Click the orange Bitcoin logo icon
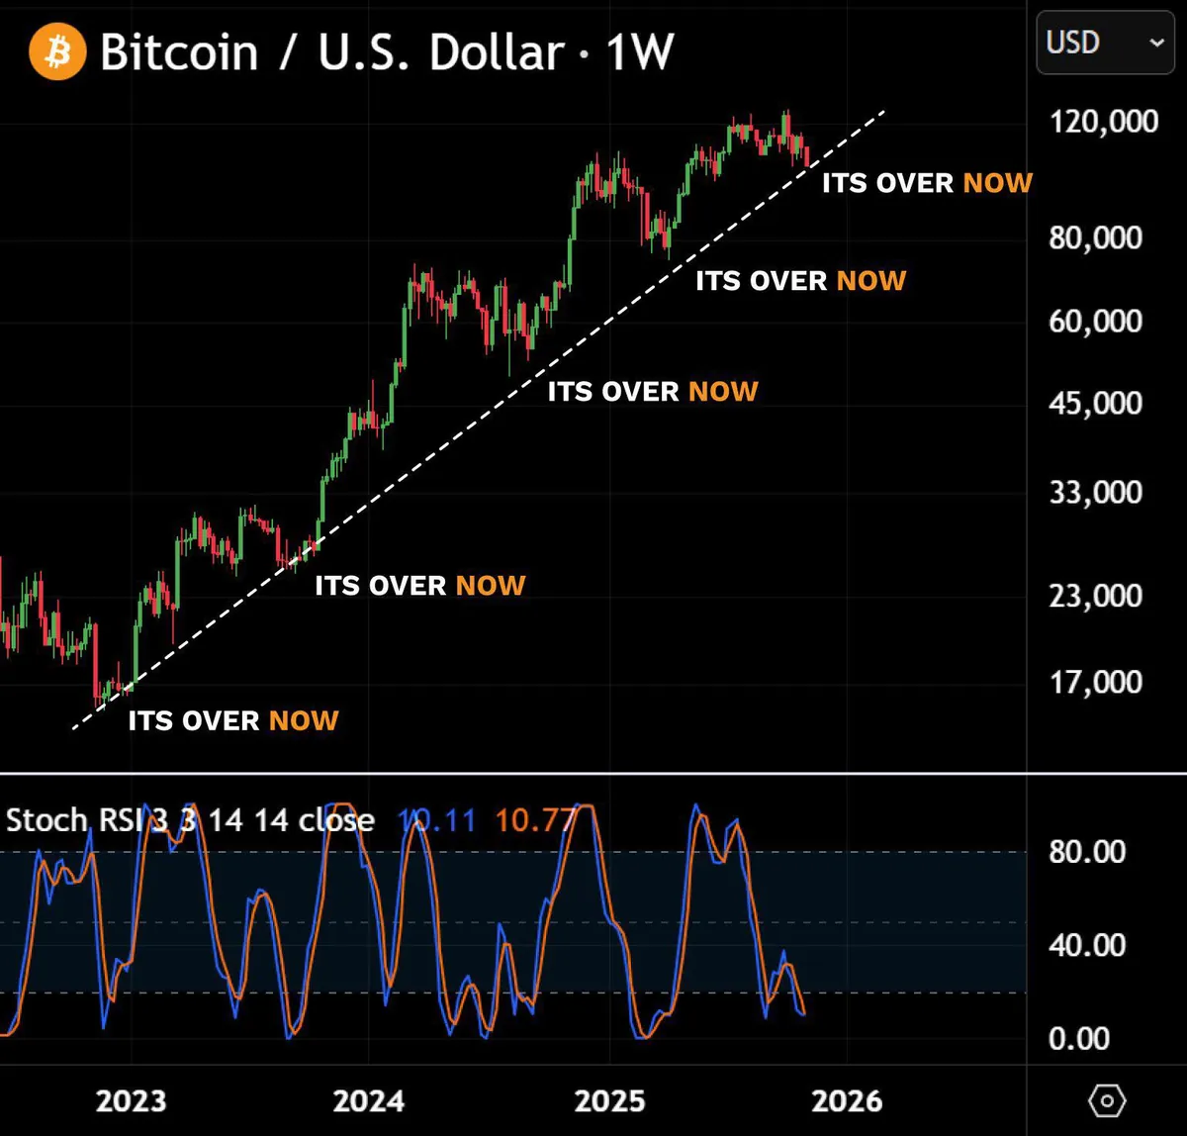point(58,51)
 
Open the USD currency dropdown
point(1105,43)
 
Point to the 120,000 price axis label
point(1104,121)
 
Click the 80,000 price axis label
point(1096,237)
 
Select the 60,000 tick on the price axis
point(1096,321)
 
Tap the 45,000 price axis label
point(1096,403)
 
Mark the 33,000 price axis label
point(1096,492)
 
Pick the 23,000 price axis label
point(1096,596)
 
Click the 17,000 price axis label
point(1096,682)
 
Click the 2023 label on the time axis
point(131,1100)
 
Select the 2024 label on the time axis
point(369,1100)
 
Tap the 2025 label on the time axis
point(610,1100)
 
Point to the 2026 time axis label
point(847,1100)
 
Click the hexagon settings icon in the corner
point(1107,1100)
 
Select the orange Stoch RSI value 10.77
point(535,820)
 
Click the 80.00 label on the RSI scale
point(1087,852)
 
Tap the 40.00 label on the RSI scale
point(1087,945)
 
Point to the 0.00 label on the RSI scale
point(1078,1038)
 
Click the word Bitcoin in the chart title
point(179,51)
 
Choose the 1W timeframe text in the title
point(640,51)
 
